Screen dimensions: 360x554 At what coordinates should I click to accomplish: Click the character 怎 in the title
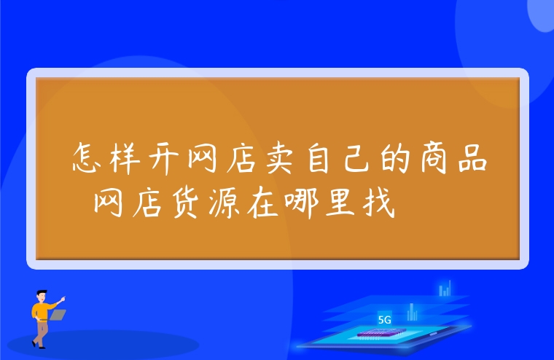[x=89, y=157]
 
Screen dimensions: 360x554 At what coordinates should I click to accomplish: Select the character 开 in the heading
[x=165, y=157]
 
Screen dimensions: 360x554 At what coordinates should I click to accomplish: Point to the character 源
[x=225, y=197]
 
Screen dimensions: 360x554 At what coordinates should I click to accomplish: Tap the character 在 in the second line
[x=262, y=197]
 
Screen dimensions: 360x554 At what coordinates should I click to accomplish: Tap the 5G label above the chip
[x=385, y=319]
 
